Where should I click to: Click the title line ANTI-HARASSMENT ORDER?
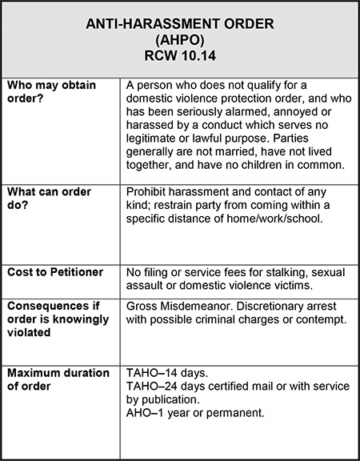[x=179, y=27]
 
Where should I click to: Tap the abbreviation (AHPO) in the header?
[x=179, y=42]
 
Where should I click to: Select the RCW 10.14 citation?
[x=179, y=58]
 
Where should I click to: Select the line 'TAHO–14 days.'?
[x=166, y=373]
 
